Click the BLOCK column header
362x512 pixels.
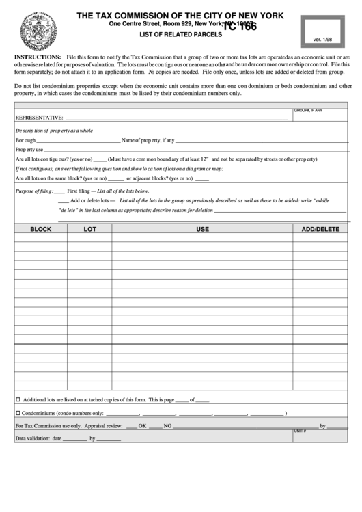[x=41, y=229]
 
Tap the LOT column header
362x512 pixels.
[x=89, y=229]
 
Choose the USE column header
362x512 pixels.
[x=202, y=229]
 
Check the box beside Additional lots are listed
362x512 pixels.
[x=18, y=399]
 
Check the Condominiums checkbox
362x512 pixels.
[x=18, y=413]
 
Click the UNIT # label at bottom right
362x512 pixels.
[x=300, y=431]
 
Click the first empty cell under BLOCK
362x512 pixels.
[x=41, y=239]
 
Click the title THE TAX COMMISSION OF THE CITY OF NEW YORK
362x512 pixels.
[x=180, y=14]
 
